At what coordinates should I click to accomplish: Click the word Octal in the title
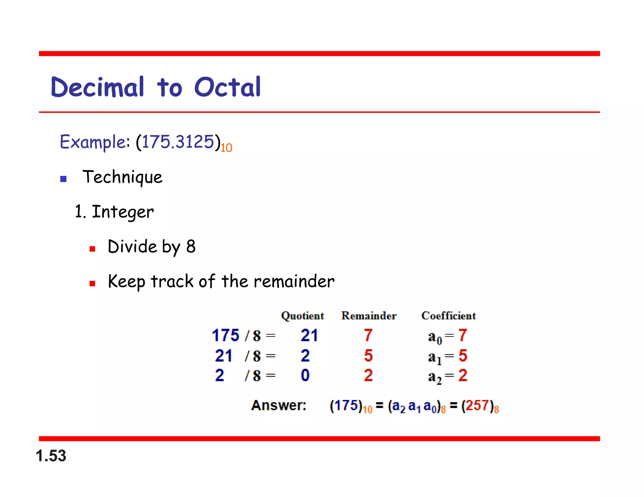pyautogui.click(x=227, y=87)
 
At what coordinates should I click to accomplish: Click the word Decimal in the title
pyautogui.click(x=97, y=87)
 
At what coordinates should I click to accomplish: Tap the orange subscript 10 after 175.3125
pyautogui.click(x=226, y=148)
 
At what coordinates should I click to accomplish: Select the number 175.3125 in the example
pyautogui.click(x=178, y=142)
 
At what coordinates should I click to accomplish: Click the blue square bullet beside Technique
pyautogui.click(x=63, y=179)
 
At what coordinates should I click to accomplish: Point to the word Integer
pyautogui.click(x=123, y=212)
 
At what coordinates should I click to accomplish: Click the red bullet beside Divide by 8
pyautogui.click(x=92, y=249)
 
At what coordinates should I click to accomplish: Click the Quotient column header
pyautogui.click(x=302, y=316)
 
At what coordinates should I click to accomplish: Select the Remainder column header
pyautogui.click(x=369, y=316)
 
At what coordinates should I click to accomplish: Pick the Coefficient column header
pyautogui.click(x=448, y=316)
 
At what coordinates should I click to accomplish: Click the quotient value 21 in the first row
pyautogui.click(x=309, y=335)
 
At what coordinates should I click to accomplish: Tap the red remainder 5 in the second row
pyautogui.click(x=368, y=356)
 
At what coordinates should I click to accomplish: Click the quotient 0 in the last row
pyautogui.click(x=305, y=375)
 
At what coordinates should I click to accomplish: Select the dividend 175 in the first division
pyautogui.click(x=225, y=335)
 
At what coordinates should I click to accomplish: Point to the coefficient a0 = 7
pyautogui.click(x=447, y=336)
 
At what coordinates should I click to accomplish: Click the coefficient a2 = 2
pyautogui.click(x=447, y=376)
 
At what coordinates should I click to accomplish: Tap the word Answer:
pyautogui.click(x=279, y=405)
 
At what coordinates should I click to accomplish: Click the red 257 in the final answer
pyautogui.click(x=477, y=405)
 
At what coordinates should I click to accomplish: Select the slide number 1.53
pyautogui.click(x=51, y=456)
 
